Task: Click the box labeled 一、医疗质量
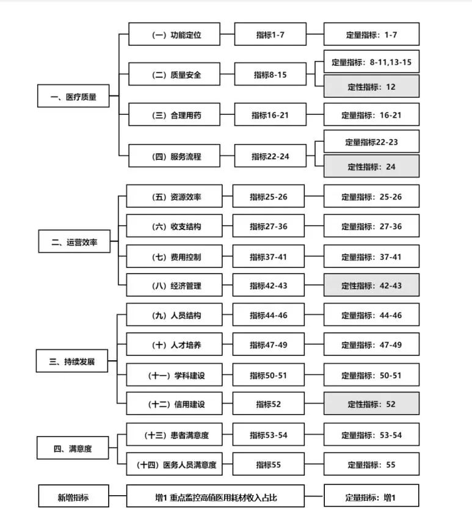click(73, 96)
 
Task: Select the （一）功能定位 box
click(175, 34)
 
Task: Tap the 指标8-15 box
click(270, 74)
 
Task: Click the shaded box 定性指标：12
click(372, 87)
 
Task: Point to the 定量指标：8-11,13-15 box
click(372, 62)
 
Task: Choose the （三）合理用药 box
click(175, 115)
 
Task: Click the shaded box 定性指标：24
click(372, 166)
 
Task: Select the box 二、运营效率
click(74, 241)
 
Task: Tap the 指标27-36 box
click(269, 226)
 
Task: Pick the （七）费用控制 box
click(175, 256)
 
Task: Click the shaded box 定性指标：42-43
click(372, 285)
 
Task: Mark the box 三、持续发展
click(72, 361)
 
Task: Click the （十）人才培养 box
click(175, 344)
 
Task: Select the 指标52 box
click(269, 404)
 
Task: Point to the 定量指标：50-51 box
click(372, 375)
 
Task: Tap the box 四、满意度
click(73, 448)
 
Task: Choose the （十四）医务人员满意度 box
click(175, 464)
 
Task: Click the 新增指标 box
click(74, 496)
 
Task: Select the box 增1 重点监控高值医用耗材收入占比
click(216, 496)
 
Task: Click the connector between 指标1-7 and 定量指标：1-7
click(315, 34)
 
